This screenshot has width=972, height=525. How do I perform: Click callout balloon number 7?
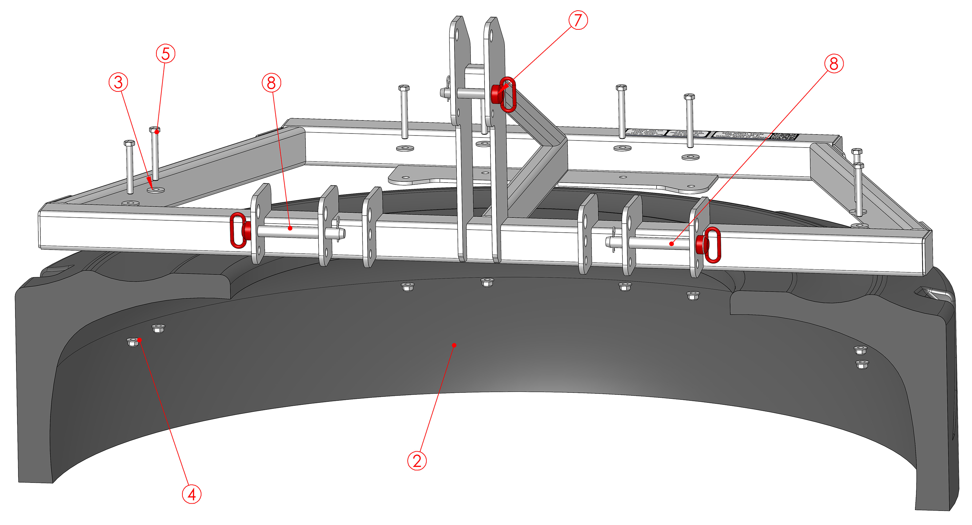tap(578, 20)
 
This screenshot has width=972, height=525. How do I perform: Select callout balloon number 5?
tap(165, 54)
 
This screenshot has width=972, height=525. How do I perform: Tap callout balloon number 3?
tap(118, 82)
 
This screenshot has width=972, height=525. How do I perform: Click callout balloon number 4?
tap(191, 494)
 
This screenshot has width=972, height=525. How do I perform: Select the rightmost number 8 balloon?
tap(834, 63)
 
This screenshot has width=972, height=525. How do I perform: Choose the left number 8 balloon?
tap(271, 83)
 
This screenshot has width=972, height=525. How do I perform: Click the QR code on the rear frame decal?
tap(785, 137)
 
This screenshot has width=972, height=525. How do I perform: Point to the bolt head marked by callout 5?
tap(155, 130)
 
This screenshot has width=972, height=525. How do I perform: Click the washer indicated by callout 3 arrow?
tap(156, 189)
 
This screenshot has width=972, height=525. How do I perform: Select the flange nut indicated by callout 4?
tap(133, 342)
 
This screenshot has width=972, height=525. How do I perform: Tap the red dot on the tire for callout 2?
tap(454, 345)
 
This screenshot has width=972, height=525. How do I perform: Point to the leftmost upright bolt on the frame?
tap(129, 166)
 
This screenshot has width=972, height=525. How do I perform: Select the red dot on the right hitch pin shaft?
tap(671, 244)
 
